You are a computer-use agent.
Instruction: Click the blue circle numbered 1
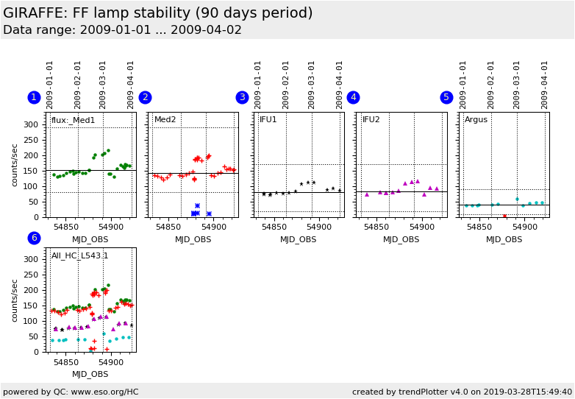[x=34, y=97]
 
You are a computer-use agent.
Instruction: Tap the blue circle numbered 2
[x=145, y=97]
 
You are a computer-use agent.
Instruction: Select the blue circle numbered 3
[x=242, y=97]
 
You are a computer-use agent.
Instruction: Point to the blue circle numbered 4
[x=353, y=97]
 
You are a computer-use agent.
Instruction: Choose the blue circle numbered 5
[x=446, y=97]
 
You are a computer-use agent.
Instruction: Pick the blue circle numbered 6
[x=34, y=238]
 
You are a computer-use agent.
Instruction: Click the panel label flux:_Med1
[x=73, y=120]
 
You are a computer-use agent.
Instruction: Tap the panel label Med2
[x=165, y=120]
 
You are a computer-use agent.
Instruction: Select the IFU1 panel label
[x=268, y=120]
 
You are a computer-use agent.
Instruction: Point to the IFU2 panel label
[x=371, y=120]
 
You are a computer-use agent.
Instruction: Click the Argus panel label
[x=476, y=120]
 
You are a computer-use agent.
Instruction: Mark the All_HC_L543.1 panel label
[x=79, y=255]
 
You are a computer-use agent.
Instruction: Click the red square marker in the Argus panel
[x=504, y=216]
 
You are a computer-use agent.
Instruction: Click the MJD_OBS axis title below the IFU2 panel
[x=401, y=239]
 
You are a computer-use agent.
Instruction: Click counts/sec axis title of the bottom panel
[x=15, y=300]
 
